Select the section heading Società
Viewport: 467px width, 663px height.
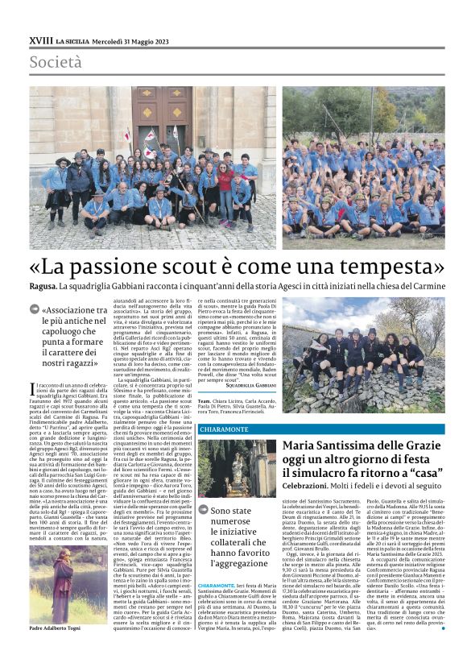pos(56,62)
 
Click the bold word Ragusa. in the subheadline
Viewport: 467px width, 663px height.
pos(42,287)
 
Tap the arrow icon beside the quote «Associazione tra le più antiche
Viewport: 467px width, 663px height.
pos(34,309)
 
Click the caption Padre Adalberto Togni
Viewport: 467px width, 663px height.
pos(57,628)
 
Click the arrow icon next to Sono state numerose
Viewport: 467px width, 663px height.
pos(203,511)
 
